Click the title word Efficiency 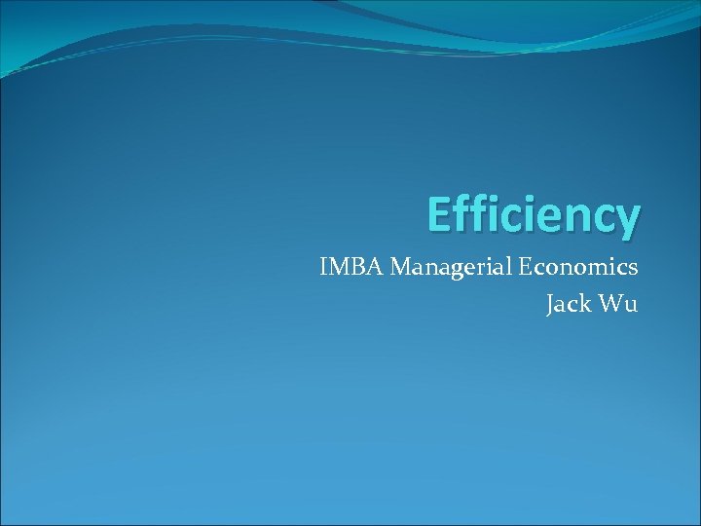pyautogui.click(x=534, y=216)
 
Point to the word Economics pyautogui.click(x=578, y=267)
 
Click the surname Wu pyautogui.click(x=618, y=304)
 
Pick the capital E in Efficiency pyautogui.click(x=439, y=214)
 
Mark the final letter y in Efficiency pyautogui.click(x=627, y=220)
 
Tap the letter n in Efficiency pyautogui.click(x=570, y=218)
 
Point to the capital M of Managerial pyautogui.click(x=402, y=267)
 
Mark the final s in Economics pyautogui.click(x=633, y=269)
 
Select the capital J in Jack pyautogui.click(x=551, y=305)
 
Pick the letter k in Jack pyautogui.click(x=583, y=304)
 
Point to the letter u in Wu pyautogui.click(x=631, y=306)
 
